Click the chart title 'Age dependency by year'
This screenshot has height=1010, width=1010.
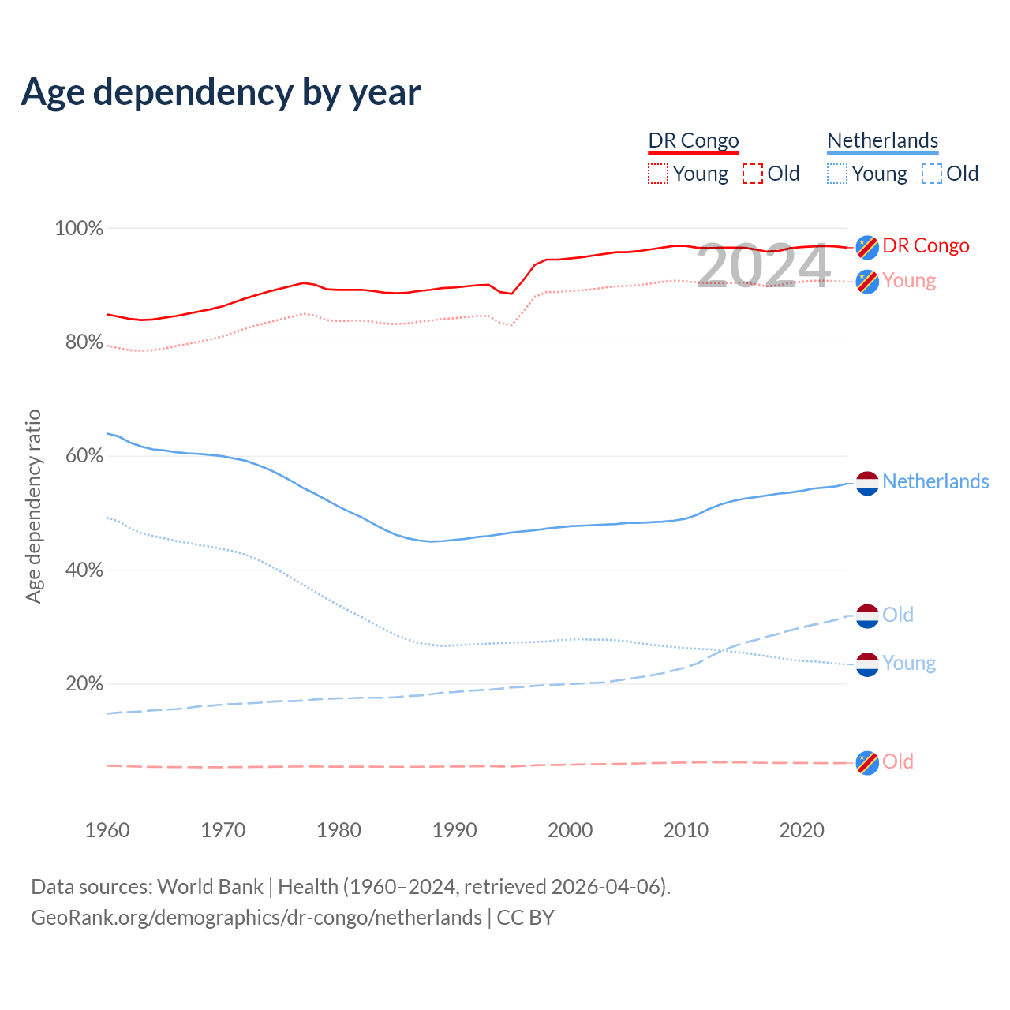pyautogui.click(x=221, y=92)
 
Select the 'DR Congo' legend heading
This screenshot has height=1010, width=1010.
pyautogui.click(x=694, y=140)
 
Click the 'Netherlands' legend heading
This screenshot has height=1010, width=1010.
pyautogui.click(x=882, y=140)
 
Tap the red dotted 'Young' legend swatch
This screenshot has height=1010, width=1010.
pyautogui.click(x=658, y=174)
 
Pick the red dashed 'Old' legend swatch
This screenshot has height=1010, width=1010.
pyautogui.click(x=753, y=174)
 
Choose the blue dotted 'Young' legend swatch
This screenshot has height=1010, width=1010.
pyautogui.click(x=837, y=174)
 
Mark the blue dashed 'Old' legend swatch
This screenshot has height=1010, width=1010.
pyautogui.click(x=932, y=174)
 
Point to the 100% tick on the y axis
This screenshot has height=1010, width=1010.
pyautogui.click(x=79, y=229)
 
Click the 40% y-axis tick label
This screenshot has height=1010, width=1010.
pyautogui.click(x=84, y=570)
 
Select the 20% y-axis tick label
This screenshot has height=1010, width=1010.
pyautogui.click(x=84, y=684)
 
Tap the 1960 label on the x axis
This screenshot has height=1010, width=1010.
pyautogui.click(x=107, y=830)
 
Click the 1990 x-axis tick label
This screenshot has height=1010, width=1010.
pyautogui.click(x=454, y=830)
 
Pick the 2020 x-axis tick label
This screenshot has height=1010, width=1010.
pyautogui.click(x=802, y=830)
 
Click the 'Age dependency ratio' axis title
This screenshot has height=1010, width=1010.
pyautogui.click(x=33, y=507)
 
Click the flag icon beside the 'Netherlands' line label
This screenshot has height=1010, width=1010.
pyautogui.click(x=867, y=483)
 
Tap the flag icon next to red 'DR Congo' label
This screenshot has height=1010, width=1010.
pyautogui.click(x=867, y=247)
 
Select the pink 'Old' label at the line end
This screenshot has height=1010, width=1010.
pyautogui.click(x=897, y=762)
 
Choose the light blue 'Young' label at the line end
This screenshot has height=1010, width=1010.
pyautogui.click(x=909, y=664)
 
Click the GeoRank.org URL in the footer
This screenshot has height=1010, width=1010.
pyautogui.click(x=256, y=918)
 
